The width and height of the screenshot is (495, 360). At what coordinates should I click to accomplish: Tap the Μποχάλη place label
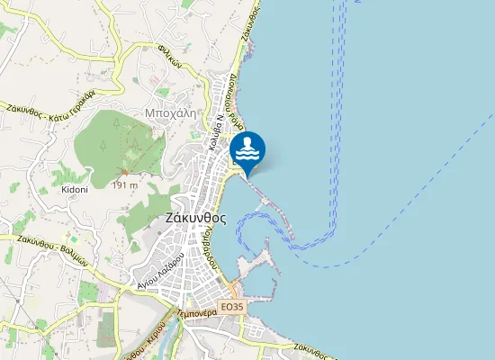(x=170, y=113)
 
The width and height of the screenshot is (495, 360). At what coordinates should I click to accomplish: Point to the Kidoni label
(x=74, y=189)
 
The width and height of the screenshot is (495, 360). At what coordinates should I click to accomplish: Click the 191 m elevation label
(x=124, y=185)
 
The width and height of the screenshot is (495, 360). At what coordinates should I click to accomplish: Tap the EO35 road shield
(x=231, y=307)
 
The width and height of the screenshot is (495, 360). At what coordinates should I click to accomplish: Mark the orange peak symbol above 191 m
(x=124, y=172)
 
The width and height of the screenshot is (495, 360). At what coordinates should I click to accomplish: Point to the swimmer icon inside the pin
(x=247, y=148)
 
